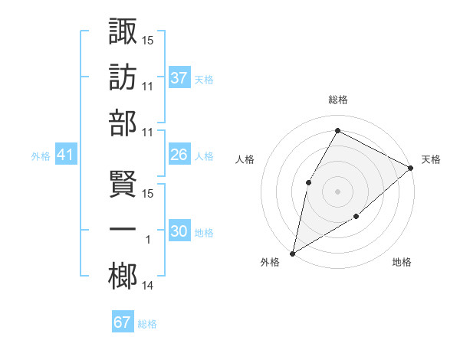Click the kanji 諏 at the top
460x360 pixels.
(123, 31)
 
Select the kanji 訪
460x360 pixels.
(123, 77)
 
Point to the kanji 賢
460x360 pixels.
(123, 185)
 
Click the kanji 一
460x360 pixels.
(123, 231)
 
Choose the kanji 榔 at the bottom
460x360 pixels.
(123, 277)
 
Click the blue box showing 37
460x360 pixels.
(179, 77)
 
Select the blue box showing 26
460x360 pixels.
(179, 155)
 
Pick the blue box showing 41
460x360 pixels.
(65, 155)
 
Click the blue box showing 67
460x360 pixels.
(123, 322)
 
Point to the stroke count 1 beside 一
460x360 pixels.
(148, 241)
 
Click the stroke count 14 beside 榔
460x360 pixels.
(147, 286)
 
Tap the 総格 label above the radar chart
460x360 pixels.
(337, 100)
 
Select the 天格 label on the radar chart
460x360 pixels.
(431, 159)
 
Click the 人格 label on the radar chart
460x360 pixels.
(245, 159)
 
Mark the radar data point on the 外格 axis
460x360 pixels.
(292, 253)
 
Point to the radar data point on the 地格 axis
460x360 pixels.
(356, 218)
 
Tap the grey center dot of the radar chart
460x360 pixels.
(337, 191)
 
